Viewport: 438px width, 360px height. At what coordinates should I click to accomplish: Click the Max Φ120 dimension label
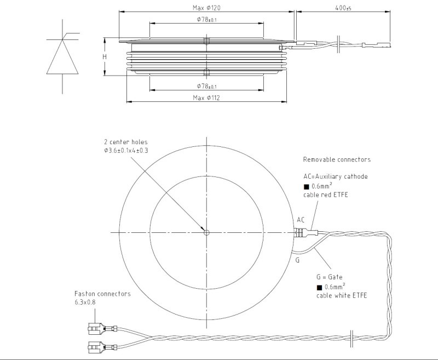coord(206,8)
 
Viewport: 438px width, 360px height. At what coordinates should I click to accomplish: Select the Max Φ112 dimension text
coord(206,98)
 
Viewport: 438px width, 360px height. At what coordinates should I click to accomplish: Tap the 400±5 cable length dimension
coord(343,8)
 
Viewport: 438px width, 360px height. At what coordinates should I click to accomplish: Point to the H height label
coord(105,57)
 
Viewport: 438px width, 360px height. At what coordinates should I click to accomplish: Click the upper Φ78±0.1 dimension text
coord(206,20)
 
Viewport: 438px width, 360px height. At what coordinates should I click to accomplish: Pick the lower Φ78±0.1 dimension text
coord(206,86)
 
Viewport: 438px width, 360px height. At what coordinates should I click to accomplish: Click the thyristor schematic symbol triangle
coord(62,57)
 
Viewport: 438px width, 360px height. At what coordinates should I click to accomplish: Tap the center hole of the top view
coord(206,232)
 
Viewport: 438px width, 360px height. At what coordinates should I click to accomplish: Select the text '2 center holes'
coord(126,142)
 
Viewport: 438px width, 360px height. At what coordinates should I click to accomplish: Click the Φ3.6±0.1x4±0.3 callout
coord(126,151)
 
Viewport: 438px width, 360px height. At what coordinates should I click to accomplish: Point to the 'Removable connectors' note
coord(337,159)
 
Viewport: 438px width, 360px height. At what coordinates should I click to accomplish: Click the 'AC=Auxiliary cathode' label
coord(336,176)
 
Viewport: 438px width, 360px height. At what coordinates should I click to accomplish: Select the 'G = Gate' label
coord(330,277)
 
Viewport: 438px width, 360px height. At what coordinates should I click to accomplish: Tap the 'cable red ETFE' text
coord(326,195)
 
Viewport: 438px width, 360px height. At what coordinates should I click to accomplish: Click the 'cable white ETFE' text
coord(342,295)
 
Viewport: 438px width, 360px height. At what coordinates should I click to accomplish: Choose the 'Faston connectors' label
coord(102,294)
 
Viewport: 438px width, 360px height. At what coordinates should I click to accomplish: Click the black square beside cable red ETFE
coord(307,187)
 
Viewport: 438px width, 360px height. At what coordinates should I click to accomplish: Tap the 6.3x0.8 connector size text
coord(85,302)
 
